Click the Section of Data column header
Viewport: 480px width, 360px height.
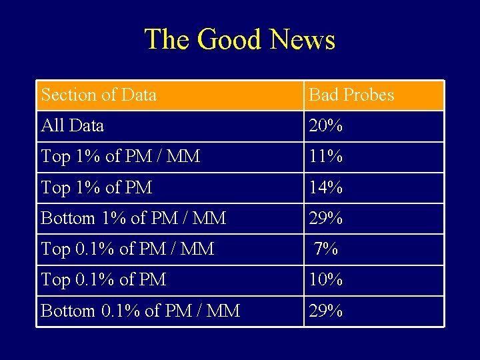[x=99, y=95]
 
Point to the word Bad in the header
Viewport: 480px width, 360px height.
[x=324, y=95]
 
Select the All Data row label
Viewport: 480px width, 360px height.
[x=72, y=125]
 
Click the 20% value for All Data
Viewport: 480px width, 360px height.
[x=325, y=125]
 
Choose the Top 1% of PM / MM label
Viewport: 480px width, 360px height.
[x=121, y=157]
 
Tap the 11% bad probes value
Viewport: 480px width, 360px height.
[x=325, y=157]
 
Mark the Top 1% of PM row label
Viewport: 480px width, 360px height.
[x=97, y=188]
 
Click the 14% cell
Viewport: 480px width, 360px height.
[x=325, y=188]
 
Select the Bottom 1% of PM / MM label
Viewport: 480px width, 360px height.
[x=133, y=218]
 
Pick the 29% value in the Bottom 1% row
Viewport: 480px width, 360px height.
[x=325, y=218]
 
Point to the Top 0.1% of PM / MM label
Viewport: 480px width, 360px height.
[x=127, y=249]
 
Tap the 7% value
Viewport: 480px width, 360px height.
[x=326, y=249]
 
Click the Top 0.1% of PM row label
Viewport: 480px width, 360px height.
[x=103, y=280]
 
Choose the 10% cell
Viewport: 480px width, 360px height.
[x=325, y=280]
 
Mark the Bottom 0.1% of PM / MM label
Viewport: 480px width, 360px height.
[x=140, y=311]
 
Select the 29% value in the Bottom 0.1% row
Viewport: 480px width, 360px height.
[x=325, y=311]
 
